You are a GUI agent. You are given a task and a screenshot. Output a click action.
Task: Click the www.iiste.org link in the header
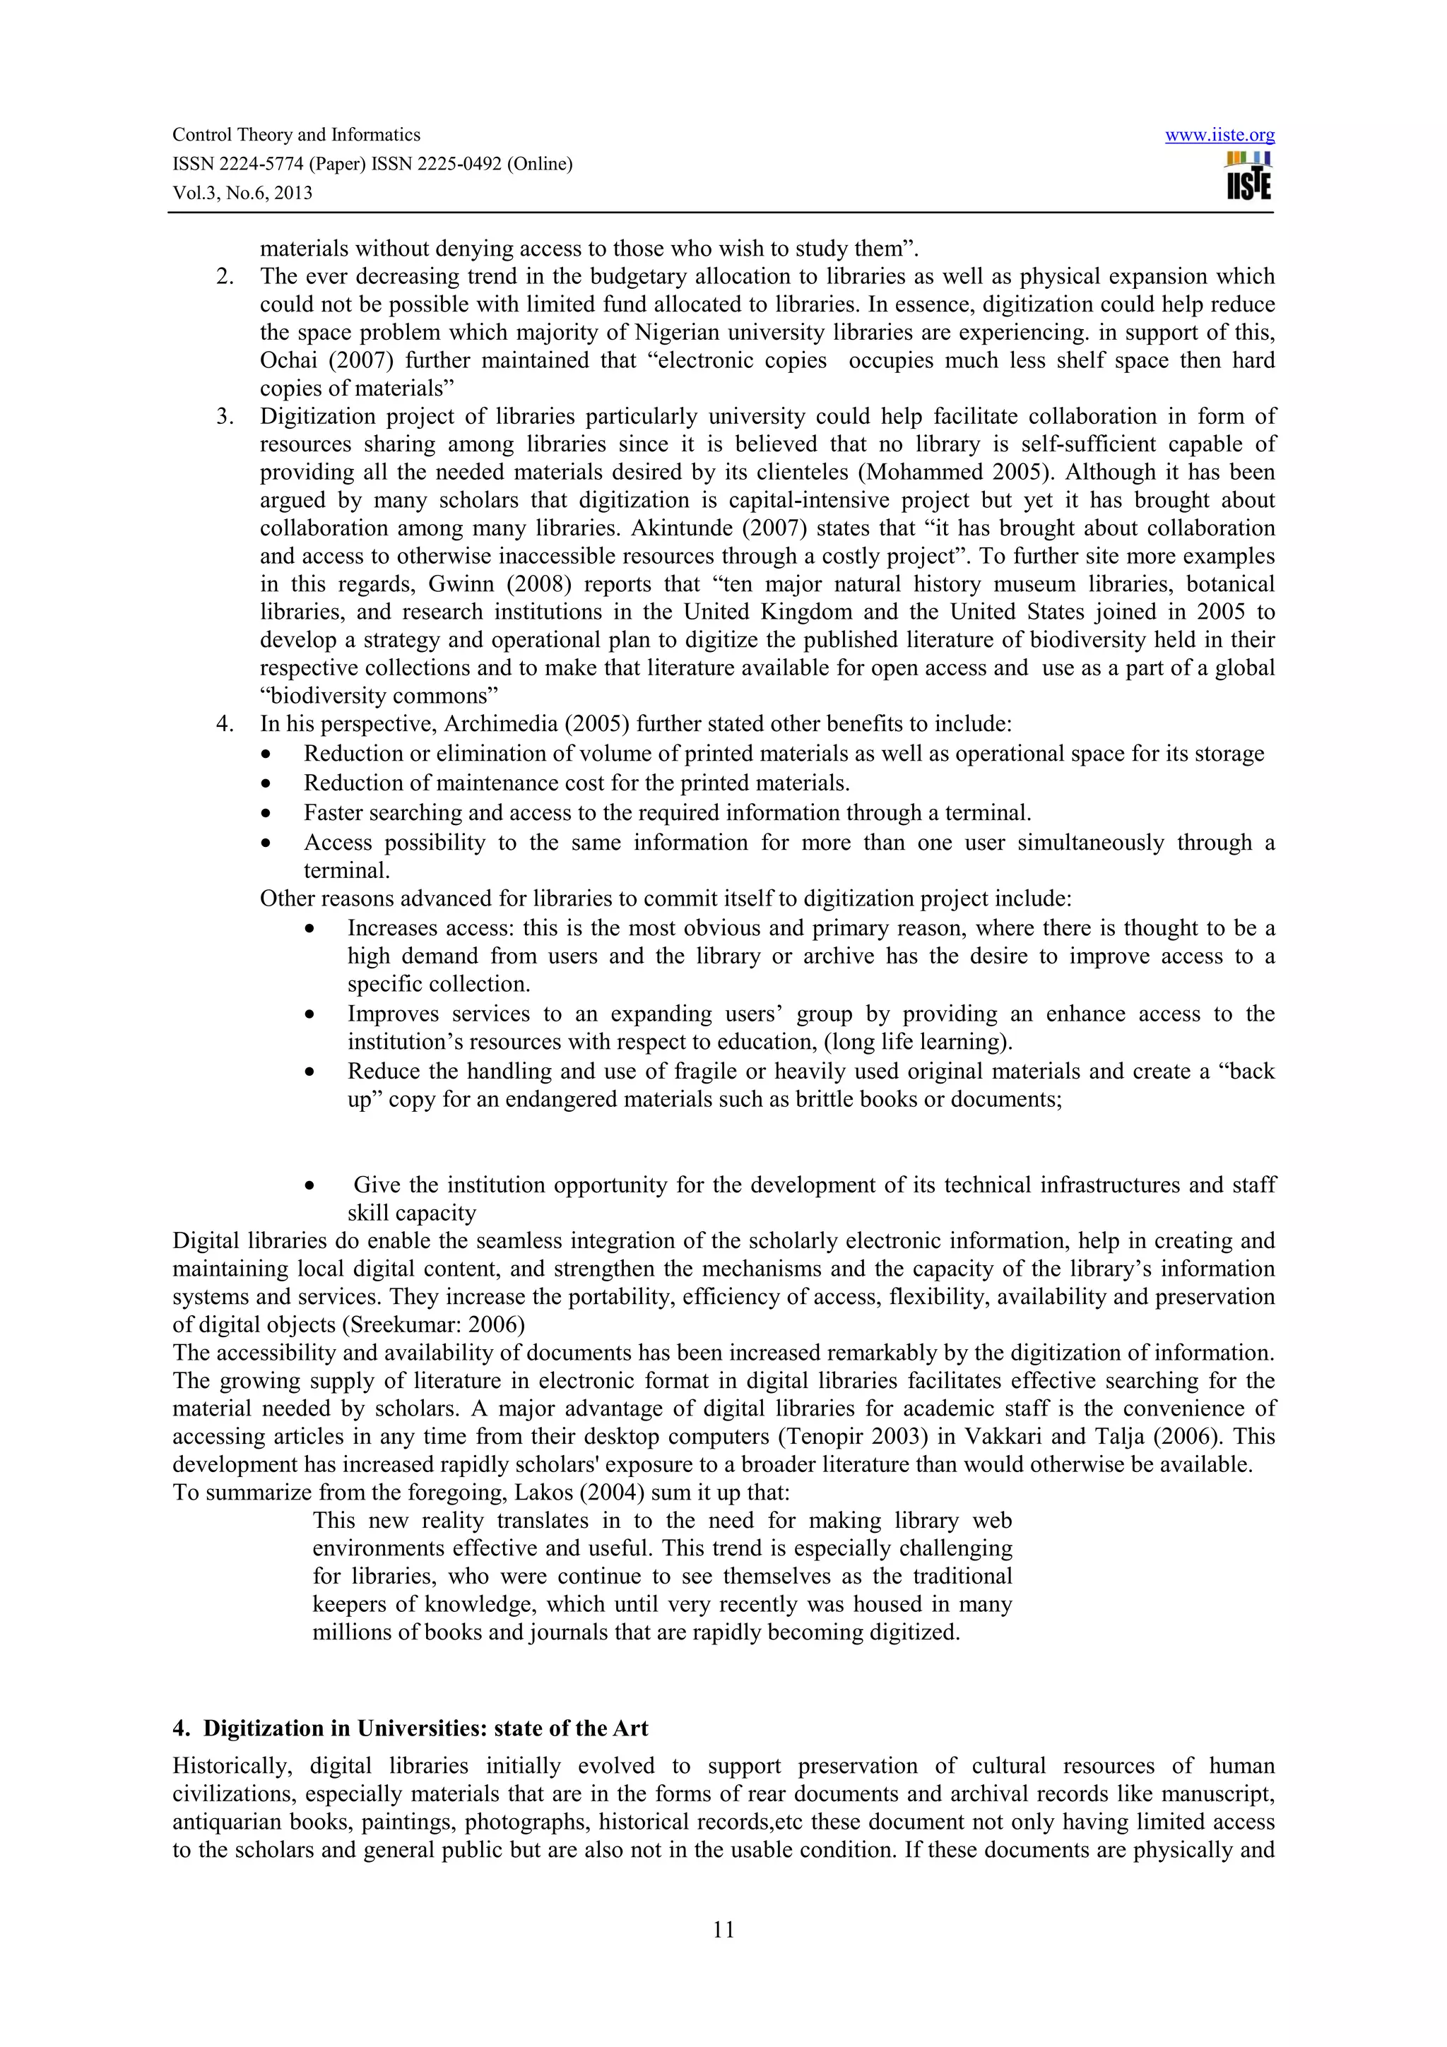coord(1219,136)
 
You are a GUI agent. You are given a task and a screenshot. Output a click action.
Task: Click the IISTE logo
coord(1248,176)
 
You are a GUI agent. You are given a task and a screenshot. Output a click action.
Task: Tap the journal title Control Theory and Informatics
coord(296,135)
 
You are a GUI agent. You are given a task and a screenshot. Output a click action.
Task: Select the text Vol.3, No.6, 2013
coord(242,194)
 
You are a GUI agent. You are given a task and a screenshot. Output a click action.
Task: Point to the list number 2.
coord(225,276)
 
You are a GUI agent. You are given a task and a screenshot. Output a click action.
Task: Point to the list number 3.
coord(225,416)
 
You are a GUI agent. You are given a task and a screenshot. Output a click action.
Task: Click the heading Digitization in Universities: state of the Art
coord(425,1728)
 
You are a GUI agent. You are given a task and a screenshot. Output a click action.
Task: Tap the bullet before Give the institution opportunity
coord(309,1187)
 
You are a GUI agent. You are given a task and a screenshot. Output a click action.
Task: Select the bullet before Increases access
coord(309,929)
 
